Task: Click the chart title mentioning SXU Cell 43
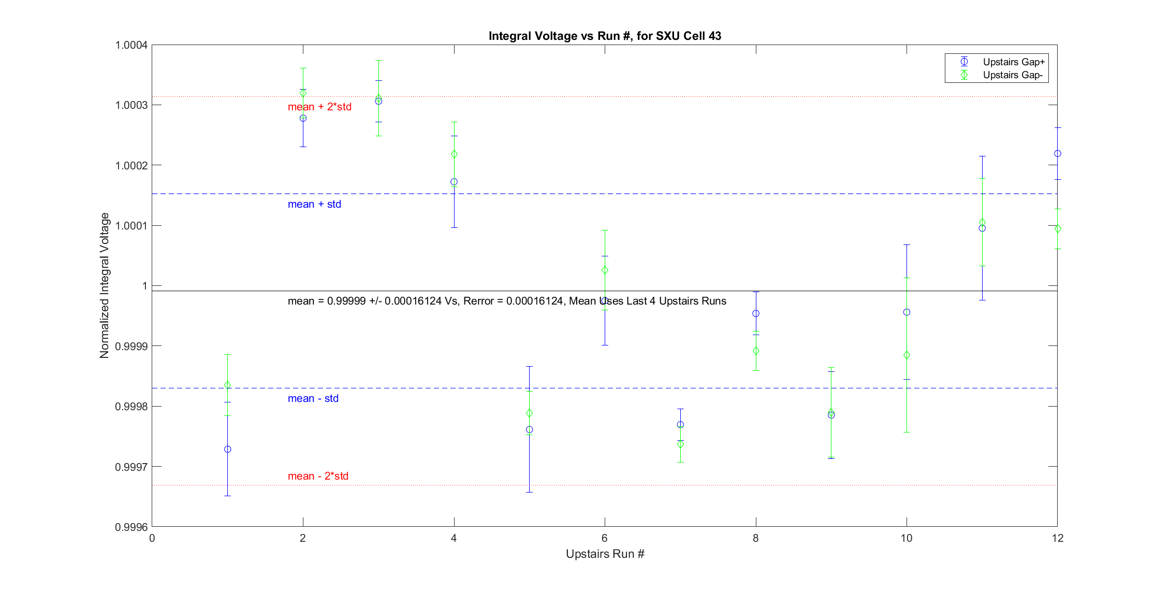click(605, 36)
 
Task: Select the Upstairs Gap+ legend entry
click(1013, 62)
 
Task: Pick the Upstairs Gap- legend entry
click(1012, 75)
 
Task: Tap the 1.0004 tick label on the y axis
click(131, 45)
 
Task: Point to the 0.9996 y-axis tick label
click(131, 527)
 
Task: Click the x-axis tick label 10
click(906, 538)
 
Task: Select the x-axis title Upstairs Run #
click(605, 554)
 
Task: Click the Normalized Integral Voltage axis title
click(105, 285)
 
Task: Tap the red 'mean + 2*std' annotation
click(319, 107)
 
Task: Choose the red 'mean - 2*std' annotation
click(318, 476)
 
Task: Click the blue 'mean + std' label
click(314, 204)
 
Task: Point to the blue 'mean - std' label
click(313, 398)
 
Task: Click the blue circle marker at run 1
click(227, 449)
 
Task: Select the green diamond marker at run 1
click(227, 385)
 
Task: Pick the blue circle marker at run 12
click(1057, 153)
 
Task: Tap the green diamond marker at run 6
click(605, 270)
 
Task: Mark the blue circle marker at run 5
click(529, 429)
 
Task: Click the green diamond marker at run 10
click(907, 355)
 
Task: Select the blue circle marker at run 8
click(756, 313)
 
